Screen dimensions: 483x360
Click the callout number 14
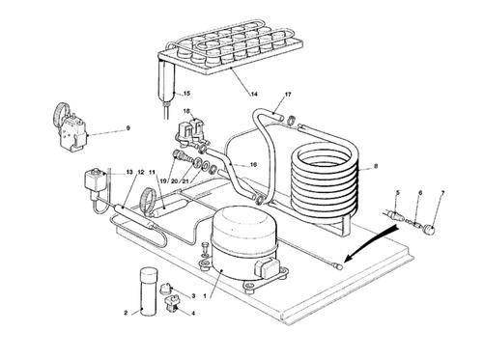click(254, 94)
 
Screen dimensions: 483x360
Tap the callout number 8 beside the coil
click(375, 166)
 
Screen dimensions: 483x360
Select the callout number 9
click(128, 128)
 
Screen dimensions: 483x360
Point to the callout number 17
click(288, 95)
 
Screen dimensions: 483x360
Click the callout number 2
click(126, 313)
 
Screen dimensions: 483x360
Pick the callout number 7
click(442, 193)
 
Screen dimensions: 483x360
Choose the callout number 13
click(129, 173)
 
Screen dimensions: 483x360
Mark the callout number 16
click(253, 165)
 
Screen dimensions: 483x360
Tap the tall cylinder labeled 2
click(148, 292)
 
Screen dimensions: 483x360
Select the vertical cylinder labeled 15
click(166, 81)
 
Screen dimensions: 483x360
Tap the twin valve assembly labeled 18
click(189, 132)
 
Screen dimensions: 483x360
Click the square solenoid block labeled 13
click(95, 181)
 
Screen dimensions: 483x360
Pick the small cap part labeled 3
click(166, 288)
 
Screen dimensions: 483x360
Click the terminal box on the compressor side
click(267, 267)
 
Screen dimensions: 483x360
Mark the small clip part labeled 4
click(172, 303)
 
